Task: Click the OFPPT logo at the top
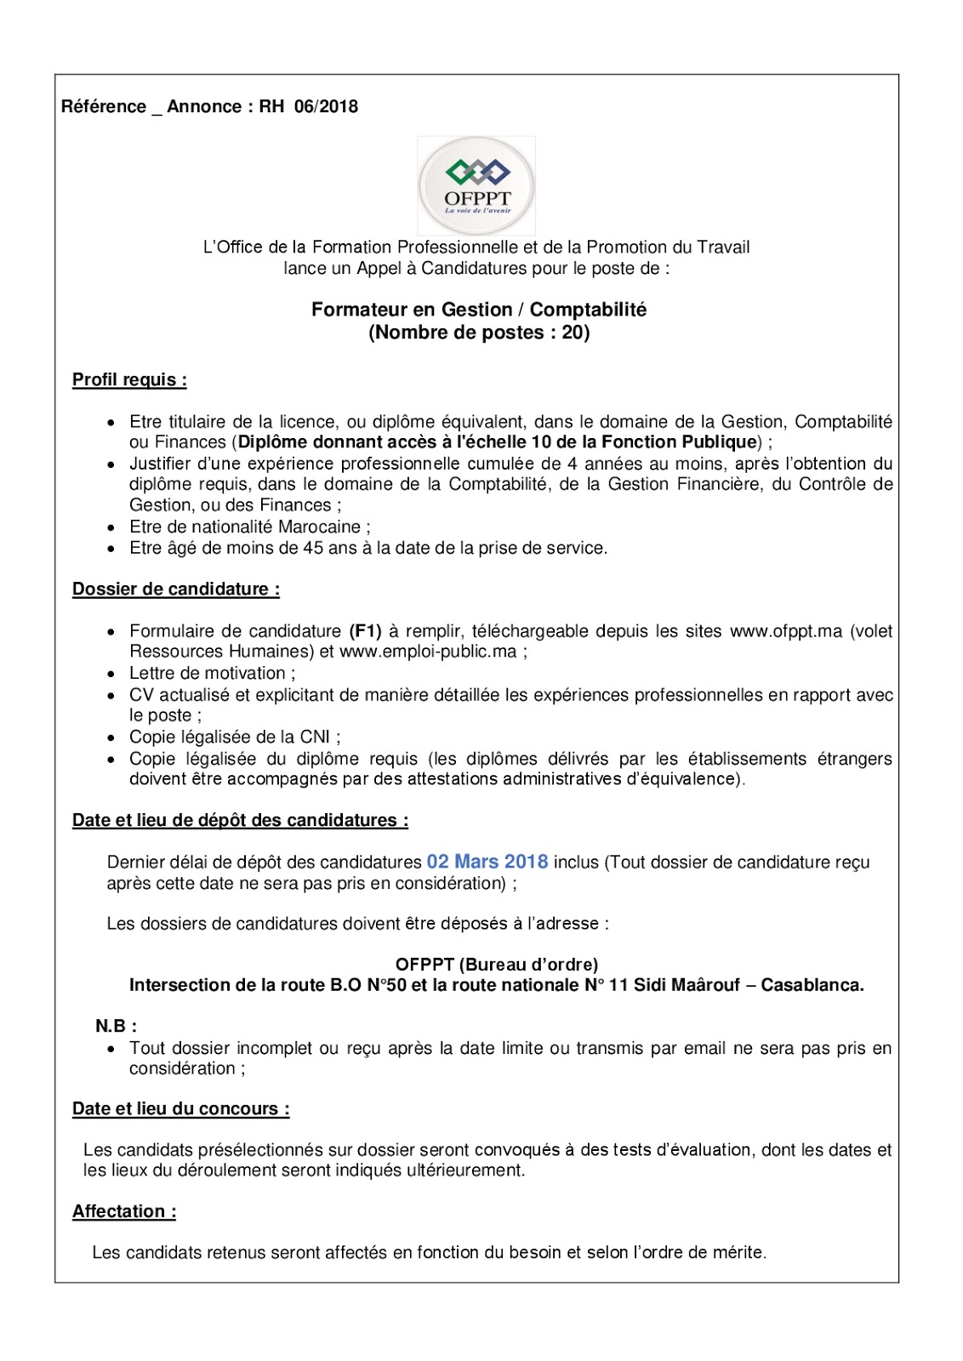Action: [x=476, y=185]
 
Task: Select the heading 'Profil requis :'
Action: [x=129, y=379]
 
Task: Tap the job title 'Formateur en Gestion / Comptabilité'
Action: [x=479, y=310]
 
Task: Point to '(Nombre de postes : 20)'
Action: [x=479, y=333]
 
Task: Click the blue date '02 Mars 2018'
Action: [x=487, y=862]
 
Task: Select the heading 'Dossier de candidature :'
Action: [x=176, y=589]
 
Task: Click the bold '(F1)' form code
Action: [x=366, y=631]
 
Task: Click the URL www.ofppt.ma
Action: [x=786, y=631]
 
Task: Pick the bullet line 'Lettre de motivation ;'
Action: [x=213, y=673]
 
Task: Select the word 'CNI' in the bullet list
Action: [x=315, y=737]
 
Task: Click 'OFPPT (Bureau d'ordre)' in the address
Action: [x=497, y=964]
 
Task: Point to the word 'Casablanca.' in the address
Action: [x=812, y=985]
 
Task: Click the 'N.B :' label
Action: [x=117, y=1026]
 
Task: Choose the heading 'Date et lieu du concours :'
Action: [x=181, y=1108]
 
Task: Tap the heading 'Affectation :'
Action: [x=124, y=1211]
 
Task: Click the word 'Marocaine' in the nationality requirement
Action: [x=319, y=527]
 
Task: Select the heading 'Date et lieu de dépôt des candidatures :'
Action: [x=240, y=820]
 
